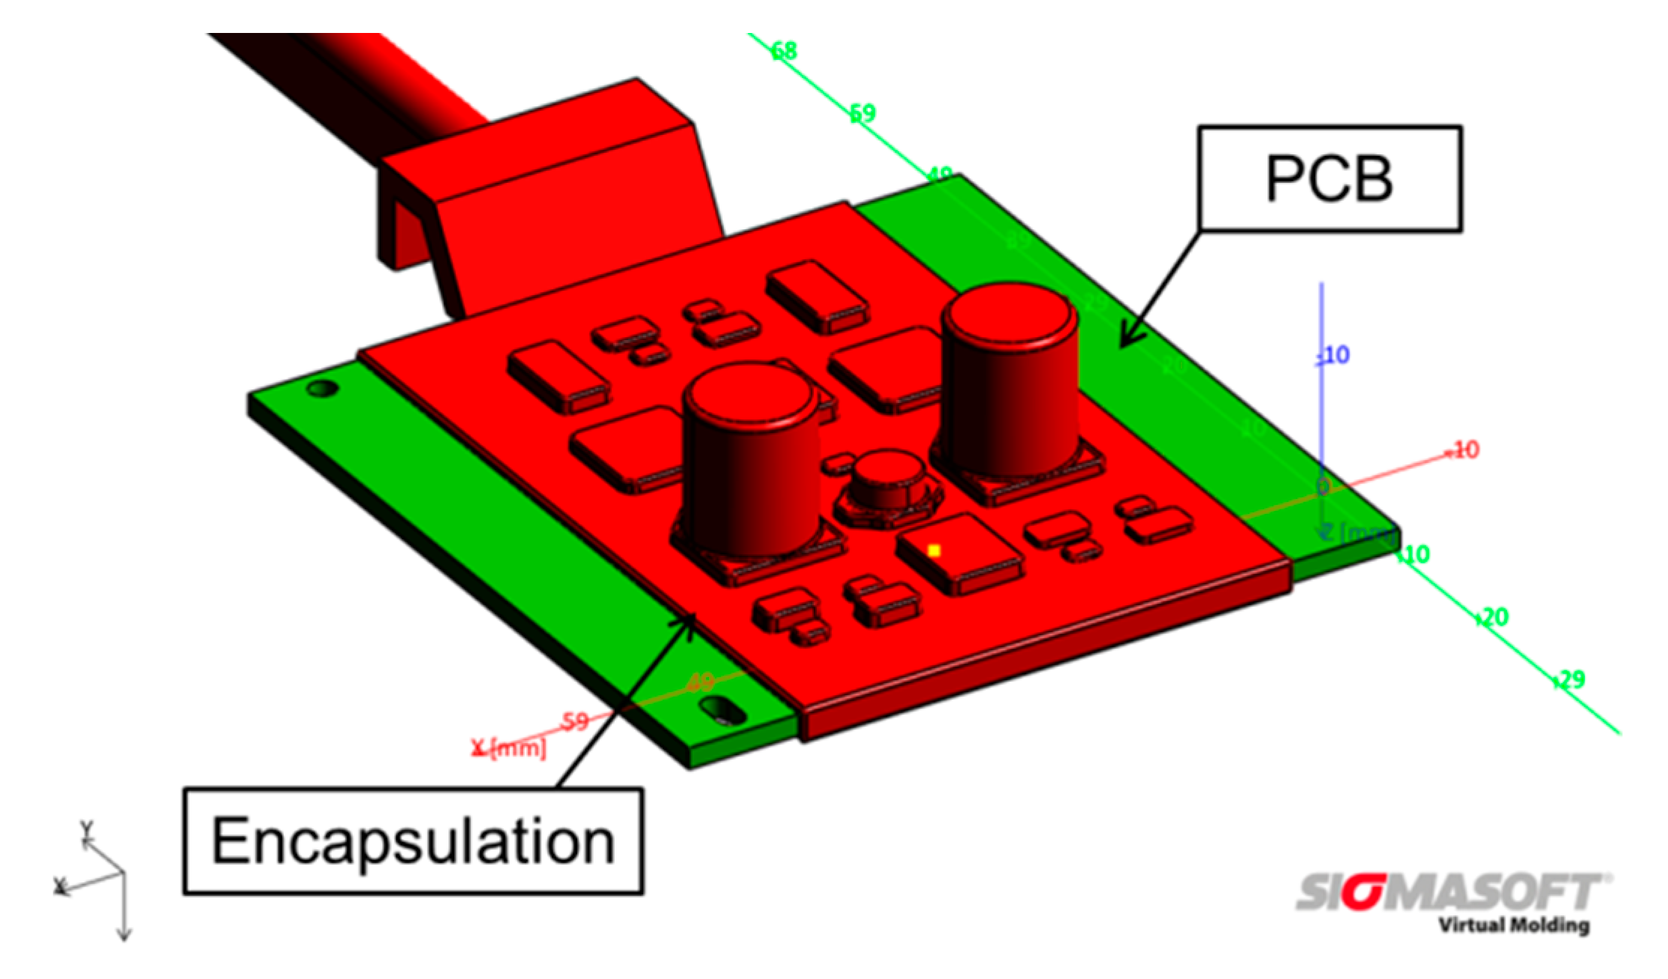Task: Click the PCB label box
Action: click(1329, 178)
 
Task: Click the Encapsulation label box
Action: click(413, 841)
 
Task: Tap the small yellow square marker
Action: click(934, 551)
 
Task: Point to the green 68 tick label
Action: click(784, 51)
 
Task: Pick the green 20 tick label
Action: click(1494, 617)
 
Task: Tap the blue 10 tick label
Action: click(1336, 354)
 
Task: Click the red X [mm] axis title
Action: click(509, 747)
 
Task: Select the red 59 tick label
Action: click(575, 722)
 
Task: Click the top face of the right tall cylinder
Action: click(1010, 315)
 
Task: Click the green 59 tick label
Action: click(862, 113)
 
